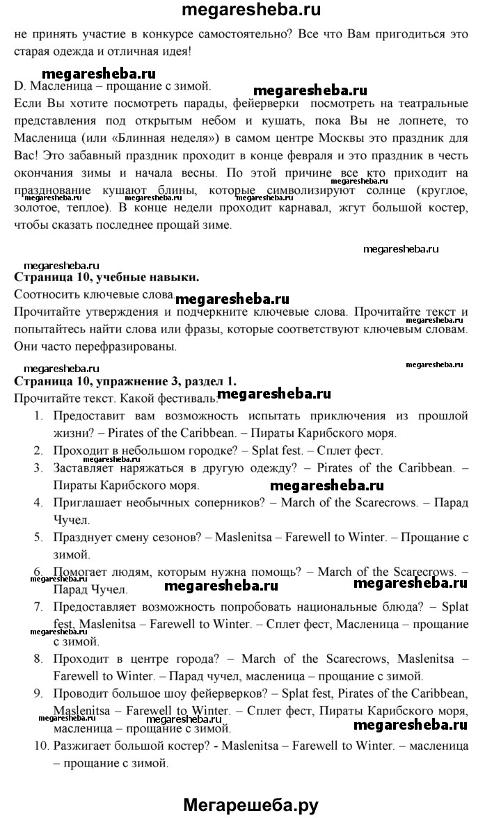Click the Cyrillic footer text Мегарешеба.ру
point(250,805)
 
